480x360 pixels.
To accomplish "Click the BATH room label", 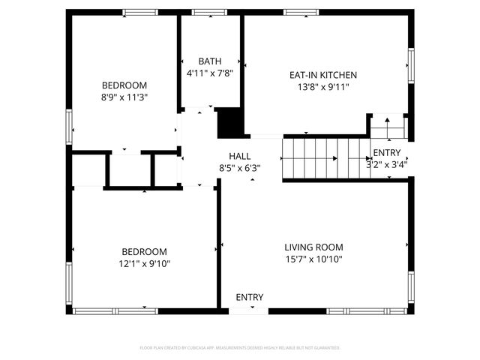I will pyautogui.click(x=209, y=61).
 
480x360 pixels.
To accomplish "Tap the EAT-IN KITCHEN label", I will pyautogui.click(x=322, y=75).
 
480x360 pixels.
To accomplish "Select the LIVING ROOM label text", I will pyautogui.click(x=313, y=247).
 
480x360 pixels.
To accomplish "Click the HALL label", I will pyautogui.click(x=239, y=156).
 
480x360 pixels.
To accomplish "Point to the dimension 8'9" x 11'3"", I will pyautogui.click(x=124, y=97).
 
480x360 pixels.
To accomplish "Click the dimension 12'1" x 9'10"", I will pyautogui.click(x=145, y=263).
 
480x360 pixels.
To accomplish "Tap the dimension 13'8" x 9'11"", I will pyautogui.click(x=322, y=87).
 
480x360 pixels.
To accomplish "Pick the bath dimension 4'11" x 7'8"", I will pyautogui.click(x=209, y=73).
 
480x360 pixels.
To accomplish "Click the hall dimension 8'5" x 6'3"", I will pyautogui.click(x=239, y=168).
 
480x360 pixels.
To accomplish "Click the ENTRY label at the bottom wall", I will pyautogui.click(x=249, y=297).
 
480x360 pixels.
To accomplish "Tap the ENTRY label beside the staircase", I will pyautogui.click(x=386, y=153).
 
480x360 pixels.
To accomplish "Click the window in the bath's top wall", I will pyautogui.click(x=205, y=12).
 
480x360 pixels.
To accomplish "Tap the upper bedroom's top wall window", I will pyautogui.click(x=135, y=12).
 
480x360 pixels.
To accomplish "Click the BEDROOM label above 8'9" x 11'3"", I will pyautogui.click(x=124, y=85).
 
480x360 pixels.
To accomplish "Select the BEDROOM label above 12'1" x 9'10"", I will pyautogui.click(x=145, y=251).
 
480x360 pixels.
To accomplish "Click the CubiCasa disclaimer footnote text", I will pyautogui.click(x=240, y=348).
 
